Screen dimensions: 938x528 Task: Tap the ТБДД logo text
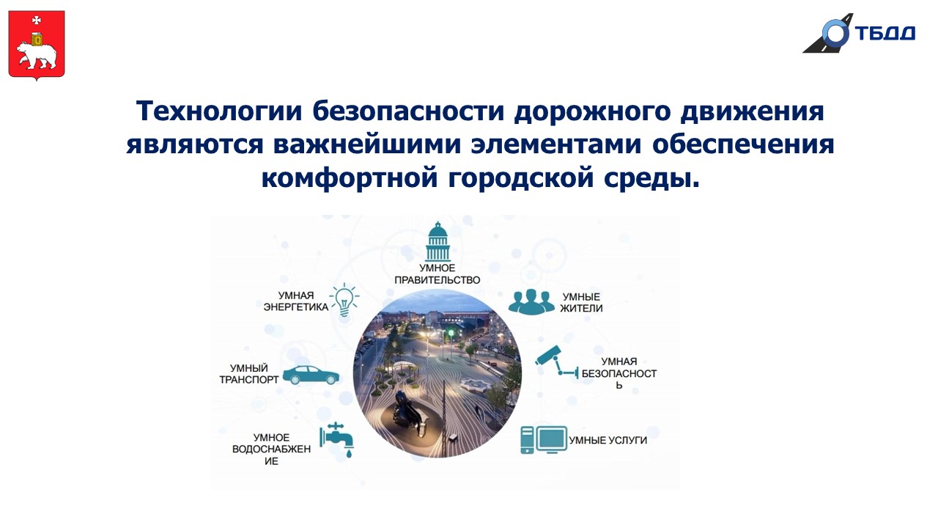[x=885, y=33]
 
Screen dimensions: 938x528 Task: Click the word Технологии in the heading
[x=219, y=111]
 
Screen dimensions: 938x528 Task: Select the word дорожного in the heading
[x=593, y=112]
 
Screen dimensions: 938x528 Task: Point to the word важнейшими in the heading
[x=367, y=144]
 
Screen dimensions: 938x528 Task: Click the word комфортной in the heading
[x=350, y=178]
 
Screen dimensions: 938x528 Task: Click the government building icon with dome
[x=437, y=241]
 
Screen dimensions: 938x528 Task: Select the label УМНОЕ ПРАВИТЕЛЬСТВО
[x=437, y=274]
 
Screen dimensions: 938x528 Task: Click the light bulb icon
[x=344, y=300]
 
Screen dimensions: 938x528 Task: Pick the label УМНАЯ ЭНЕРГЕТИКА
[x=295, y=301]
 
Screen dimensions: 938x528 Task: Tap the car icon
[x=311, y=375]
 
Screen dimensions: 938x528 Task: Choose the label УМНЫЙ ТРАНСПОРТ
[x=248, y=374]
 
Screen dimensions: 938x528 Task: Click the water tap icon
[x=337, y=439]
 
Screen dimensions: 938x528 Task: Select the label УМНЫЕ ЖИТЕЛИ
[x=581, y=303]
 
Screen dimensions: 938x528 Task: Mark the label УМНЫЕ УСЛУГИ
[x=608, y=441]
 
